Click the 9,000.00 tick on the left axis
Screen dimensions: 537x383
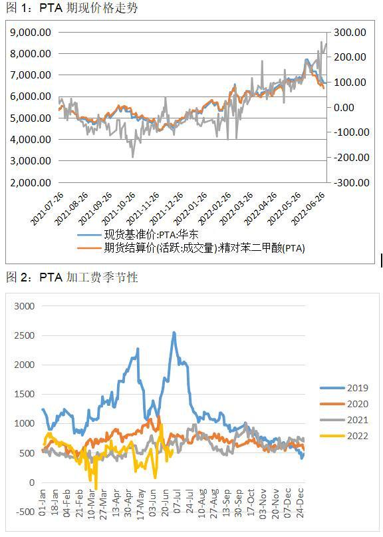click(x=33, y=32)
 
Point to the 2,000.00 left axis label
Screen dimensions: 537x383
click(x=33, y=182)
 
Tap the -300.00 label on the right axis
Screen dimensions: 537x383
click(x=348, y=182)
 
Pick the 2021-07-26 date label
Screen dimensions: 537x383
click(x=47, y=206)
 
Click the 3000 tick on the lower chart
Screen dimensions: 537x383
click(x=24, y=306)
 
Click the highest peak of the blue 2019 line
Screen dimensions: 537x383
click(x=174, y=333)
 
